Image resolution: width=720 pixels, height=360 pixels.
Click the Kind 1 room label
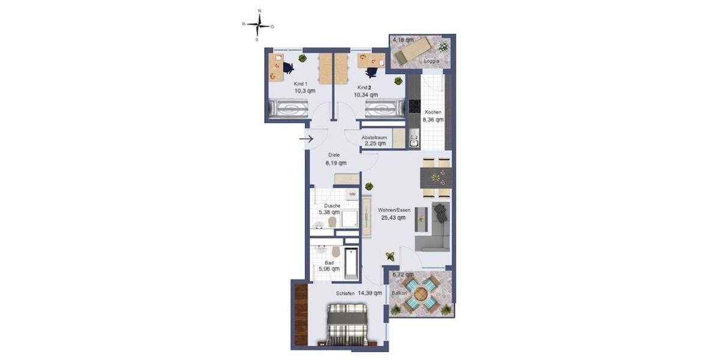click(301, 84)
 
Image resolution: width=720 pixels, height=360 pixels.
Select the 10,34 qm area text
click(365, 94)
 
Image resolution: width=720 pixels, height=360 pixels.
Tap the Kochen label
click(433, 112)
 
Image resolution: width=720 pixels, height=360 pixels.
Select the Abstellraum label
click(374, 137)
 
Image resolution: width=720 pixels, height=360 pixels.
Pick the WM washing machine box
click(352, 194)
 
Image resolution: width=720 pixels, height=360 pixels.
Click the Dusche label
click(328, 205)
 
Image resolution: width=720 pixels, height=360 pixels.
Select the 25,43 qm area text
click(393, 218)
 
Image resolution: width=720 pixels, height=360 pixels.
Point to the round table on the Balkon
click(421, 293)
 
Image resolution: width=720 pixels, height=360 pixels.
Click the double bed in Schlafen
click(348, 324)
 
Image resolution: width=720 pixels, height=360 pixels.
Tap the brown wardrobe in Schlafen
click(301, 314)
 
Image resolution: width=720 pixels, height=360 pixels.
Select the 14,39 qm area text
click(370, 293)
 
